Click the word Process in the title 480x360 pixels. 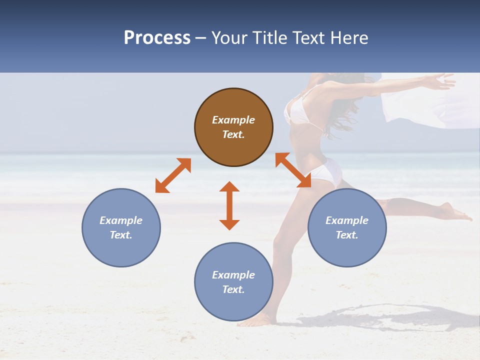(x=157, y=38)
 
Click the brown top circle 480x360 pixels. (x=233, y=145)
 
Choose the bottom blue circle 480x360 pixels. (x=233, y=300)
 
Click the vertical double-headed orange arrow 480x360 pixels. (x=229, y=205)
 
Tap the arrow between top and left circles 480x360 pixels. (x=173, y=175)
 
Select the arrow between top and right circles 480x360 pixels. (x=293, y=170)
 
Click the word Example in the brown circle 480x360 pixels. (x=233, y=120)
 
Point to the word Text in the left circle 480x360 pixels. (x=121, y=235)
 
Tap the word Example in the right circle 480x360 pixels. (x=347, y=220)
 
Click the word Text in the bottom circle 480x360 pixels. (x=233, y=289)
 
